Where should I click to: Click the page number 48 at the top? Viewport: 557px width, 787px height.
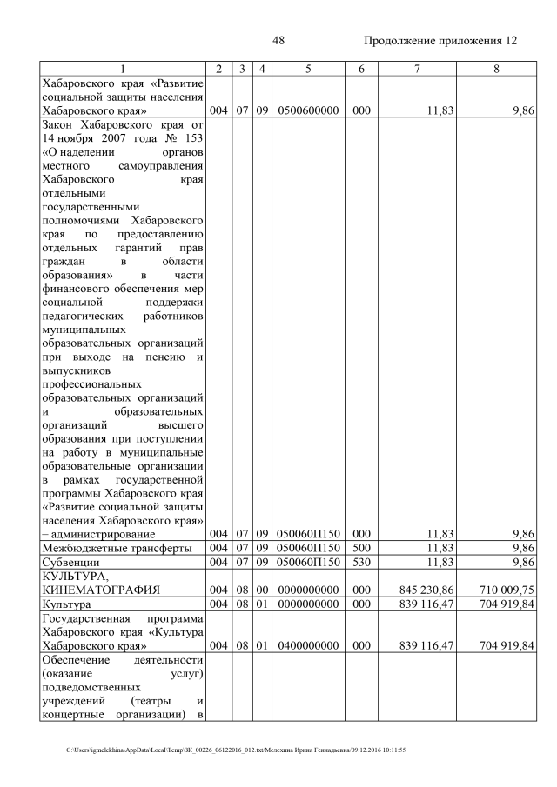coord(278,41)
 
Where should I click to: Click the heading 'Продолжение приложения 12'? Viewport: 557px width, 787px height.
coord(440,41)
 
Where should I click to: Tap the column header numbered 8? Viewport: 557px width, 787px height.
coord(495,69)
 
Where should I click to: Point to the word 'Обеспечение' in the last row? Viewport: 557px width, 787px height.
coord(77,660)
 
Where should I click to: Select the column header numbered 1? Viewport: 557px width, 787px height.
coord(123,69)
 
